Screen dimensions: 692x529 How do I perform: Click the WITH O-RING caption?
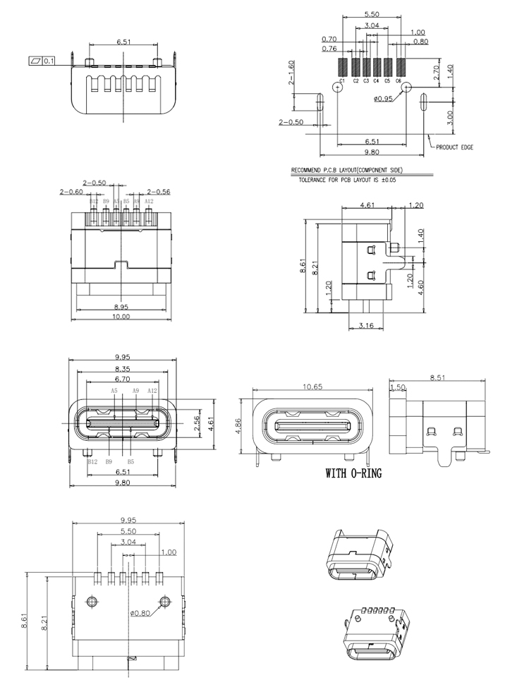[x=353, y=473]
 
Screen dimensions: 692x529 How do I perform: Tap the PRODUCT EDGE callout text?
[x=454, y=147]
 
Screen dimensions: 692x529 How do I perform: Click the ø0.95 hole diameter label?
[x=384, y=99]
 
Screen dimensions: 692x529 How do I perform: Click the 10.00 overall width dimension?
[x=122, y=317]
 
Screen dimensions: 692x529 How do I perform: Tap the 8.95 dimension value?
[x=122, y=307]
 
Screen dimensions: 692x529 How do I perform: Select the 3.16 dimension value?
[x=366, y=325]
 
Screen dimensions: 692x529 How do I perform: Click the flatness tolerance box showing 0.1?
[x=44, y=61]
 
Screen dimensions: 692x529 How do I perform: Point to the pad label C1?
[x=341, y=82]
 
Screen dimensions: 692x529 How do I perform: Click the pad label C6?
[x=399, y=82]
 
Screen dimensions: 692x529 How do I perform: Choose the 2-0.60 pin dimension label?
[x=72, y=191]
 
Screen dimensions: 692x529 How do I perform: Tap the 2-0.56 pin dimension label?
[x=159, y=191]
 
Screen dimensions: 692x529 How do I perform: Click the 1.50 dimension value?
[x=398, y=388]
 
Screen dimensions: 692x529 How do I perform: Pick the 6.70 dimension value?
[x=122, y=378]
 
